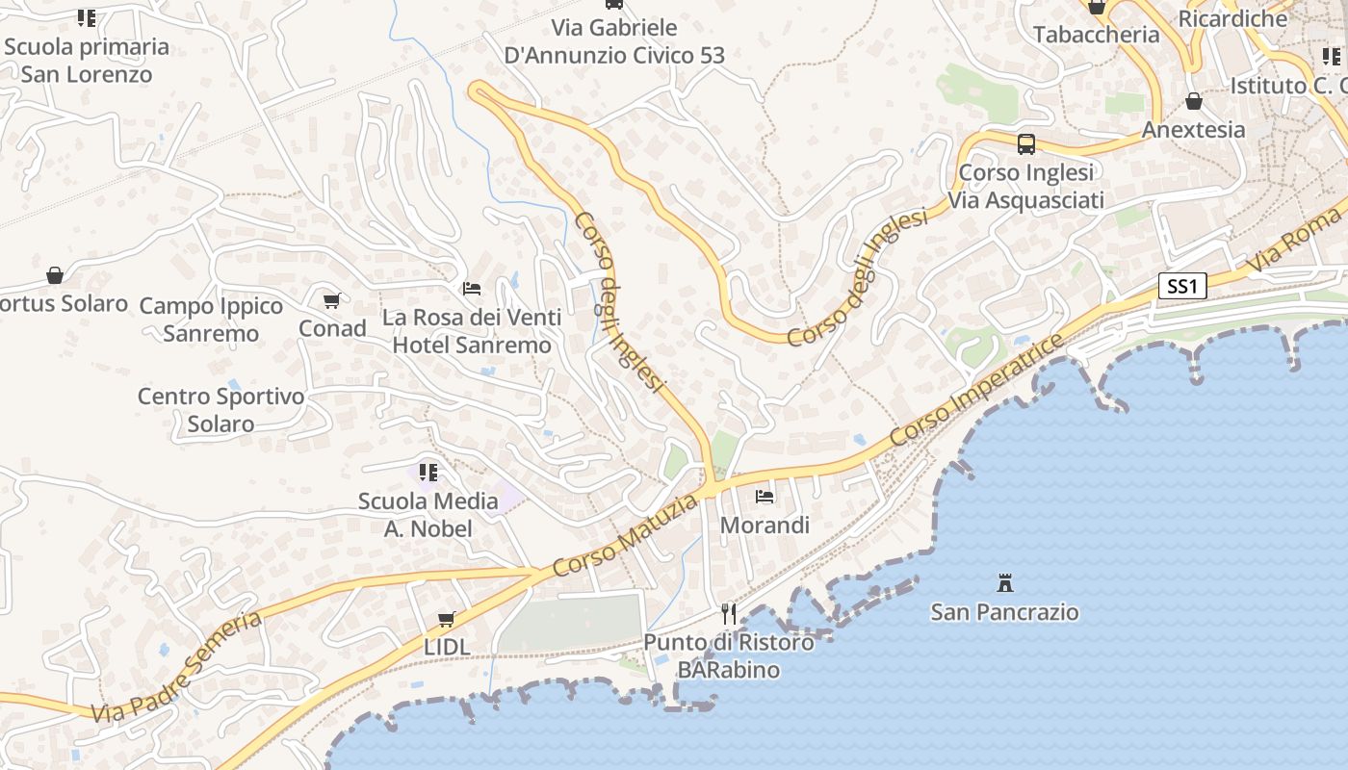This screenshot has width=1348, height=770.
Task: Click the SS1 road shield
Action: click(1181, 286)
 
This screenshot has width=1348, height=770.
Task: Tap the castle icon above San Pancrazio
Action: click(1005, 582)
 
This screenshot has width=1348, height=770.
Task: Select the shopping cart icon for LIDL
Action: click(446, 619)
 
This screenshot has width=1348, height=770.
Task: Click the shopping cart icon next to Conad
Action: click(332, 300)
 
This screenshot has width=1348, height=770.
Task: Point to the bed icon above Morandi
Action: click(765, 497)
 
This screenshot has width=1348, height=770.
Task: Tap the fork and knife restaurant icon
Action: click(729, 613)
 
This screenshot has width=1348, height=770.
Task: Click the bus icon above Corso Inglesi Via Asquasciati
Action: click(1026, 144)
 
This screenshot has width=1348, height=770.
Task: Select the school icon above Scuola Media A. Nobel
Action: click(428, 472)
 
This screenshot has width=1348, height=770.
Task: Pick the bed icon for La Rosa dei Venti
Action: click(472, 288)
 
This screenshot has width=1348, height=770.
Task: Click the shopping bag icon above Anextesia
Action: click(1194, 101)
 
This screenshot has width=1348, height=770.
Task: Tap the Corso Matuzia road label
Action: click(626, 536)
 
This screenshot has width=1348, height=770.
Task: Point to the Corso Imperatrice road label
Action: click(977, 389)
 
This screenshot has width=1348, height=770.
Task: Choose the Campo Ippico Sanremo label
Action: click(211, 320)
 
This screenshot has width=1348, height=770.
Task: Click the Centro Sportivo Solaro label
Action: click(220, 410)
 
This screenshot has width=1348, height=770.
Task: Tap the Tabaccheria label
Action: click(1096, 35)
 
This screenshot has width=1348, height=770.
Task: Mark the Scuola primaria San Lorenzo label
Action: click(87, 60)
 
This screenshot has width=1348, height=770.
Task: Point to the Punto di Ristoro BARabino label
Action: click(728, 655)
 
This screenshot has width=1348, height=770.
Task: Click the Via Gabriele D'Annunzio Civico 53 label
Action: click(614, 41)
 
